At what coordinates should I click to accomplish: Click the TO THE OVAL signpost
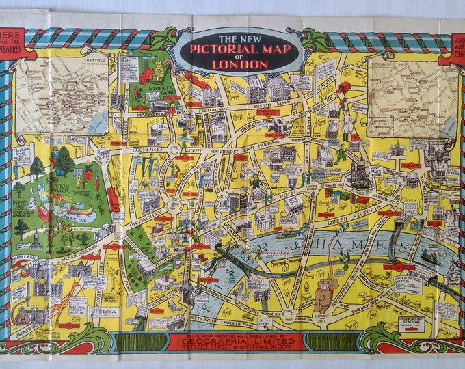pyautogui.click(x=265, y=323)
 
